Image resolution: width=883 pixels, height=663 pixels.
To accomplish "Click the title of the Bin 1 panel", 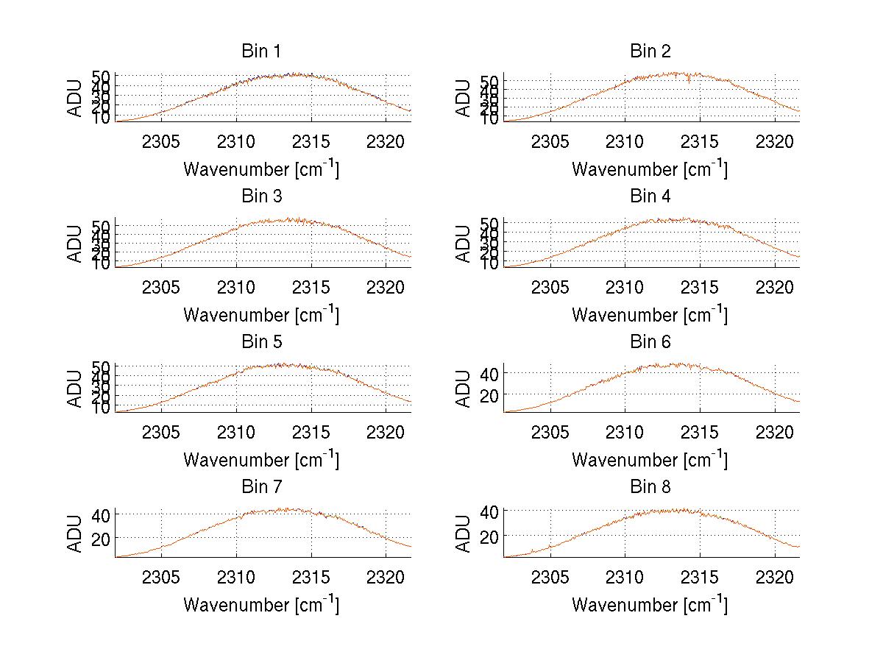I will tap(261, 52).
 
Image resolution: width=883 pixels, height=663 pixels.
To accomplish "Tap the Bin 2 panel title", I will tap(650, 52).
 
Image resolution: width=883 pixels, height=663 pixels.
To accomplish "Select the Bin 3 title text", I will tap(261, 196).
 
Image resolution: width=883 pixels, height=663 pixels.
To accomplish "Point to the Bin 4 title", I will tap(650, 196).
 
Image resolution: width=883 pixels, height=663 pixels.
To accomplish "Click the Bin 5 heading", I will tap(261, 342).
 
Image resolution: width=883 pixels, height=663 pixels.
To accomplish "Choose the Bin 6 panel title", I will tap(650, 342).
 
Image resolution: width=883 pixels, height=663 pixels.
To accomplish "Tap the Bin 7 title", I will tap(261, 487).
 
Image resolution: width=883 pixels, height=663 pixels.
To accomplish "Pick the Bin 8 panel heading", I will tap(650, 487).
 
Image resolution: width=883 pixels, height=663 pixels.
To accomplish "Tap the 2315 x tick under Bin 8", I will tap(700, 576).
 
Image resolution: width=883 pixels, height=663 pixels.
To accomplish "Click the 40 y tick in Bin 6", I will tap(489, 374).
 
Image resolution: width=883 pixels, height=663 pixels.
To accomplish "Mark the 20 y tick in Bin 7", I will tap(101, 539).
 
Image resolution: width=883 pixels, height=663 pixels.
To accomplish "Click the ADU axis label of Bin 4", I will tap(463, 244).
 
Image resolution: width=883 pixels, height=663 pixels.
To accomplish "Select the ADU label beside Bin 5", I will tap(75, 389).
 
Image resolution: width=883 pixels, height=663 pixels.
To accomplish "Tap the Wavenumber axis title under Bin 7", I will tap(261, 605).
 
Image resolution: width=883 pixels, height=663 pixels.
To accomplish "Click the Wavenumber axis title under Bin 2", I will tap(650, 169).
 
